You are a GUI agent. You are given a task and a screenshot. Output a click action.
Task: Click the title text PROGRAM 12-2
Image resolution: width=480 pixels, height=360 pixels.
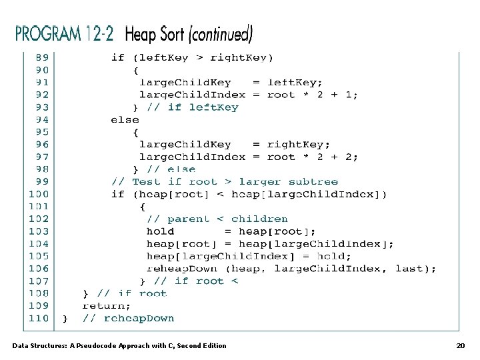[65, 33]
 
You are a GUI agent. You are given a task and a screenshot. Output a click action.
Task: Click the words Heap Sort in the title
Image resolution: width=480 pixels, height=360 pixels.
[155, 33]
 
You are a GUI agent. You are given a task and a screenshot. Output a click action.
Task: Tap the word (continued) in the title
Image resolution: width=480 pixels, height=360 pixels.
[221, 33]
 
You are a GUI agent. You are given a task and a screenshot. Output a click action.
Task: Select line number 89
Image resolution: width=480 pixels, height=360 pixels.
[42, 57]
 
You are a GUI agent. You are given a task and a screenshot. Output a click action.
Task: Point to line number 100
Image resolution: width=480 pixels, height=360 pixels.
[39, 194]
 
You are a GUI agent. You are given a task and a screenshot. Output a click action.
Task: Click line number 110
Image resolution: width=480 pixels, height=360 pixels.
[39, 318]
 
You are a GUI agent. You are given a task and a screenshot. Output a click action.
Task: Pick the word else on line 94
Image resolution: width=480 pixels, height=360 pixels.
[125, 119]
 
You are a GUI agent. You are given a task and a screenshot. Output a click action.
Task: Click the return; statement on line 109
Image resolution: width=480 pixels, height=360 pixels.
[107, 305]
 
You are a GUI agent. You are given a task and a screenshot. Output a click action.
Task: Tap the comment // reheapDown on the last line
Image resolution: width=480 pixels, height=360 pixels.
[128, 318]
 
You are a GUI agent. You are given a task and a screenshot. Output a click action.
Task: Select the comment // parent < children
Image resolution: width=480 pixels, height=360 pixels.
[217, 219]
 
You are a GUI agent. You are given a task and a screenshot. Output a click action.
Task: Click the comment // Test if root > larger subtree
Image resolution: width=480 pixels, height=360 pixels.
[225, 181]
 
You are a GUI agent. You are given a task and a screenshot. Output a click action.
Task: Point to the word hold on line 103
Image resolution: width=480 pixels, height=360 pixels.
[160, 231]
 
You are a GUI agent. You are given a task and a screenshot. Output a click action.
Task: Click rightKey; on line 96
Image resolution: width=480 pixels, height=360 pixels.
[298, 144]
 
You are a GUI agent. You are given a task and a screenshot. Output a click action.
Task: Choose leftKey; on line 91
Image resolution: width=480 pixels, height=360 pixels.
[295, 82]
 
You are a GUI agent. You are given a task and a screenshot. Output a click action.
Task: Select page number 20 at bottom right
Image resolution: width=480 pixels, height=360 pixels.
[460, 345]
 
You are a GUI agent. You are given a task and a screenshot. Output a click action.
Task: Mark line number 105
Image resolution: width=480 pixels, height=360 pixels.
[39, 256]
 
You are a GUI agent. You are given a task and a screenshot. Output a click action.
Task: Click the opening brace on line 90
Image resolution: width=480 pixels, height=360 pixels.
[136, 70]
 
